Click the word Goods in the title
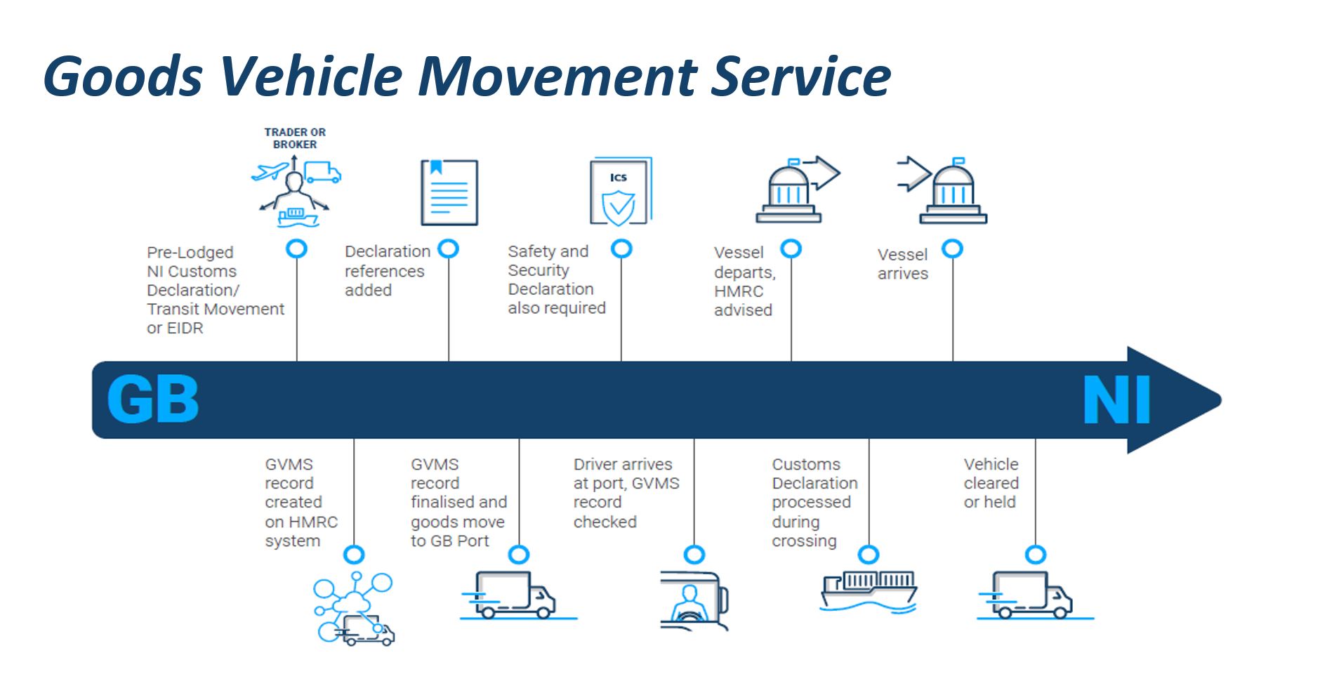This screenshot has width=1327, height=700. click(124, 76)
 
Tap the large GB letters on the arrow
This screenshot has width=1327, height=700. click(153, 399)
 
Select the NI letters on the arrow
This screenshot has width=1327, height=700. click(1116, 399)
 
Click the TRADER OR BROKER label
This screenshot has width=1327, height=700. click(295, 138)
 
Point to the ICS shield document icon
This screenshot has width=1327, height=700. click(620, 191)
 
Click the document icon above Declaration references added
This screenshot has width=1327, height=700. click(449, 192)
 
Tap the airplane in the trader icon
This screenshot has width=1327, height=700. click(270, 171)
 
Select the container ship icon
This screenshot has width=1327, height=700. click(869, 591)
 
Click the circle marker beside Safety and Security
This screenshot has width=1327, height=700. click(621, 249)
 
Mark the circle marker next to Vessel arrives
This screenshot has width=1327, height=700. click(952, 249)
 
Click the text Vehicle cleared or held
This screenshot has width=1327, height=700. click(991, 483)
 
